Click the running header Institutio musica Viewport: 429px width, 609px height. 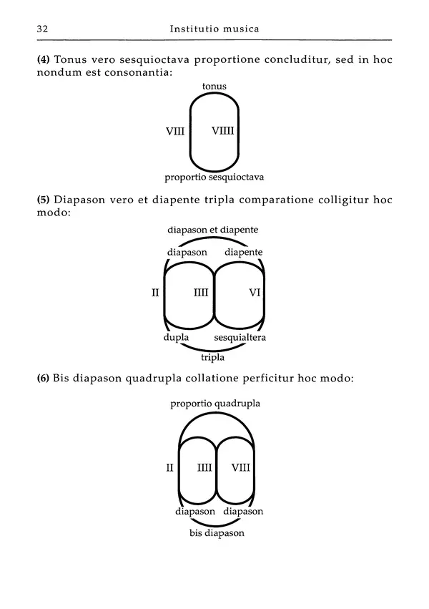(x=214, y=29)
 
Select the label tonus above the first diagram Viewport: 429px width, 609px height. (x=214, y=87)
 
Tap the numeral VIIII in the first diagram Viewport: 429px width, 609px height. (x=224, y=131)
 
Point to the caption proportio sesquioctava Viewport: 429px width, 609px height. (x=214, y=177)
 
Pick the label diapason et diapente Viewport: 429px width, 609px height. (x=212, y=230)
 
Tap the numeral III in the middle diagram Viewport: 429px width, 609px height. (x=201, y=292)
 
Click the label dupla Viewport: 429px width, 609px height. (x=176, y=337)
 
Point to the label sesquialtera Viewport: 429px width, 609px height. (x=240, y=337)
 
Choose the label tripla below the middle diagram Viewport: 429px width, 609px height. (x=213, y=357)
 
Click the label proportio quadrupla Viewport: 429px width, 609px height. (x=215, y=404)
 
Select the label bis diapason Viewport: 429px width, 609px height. (x=217, y=534)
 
